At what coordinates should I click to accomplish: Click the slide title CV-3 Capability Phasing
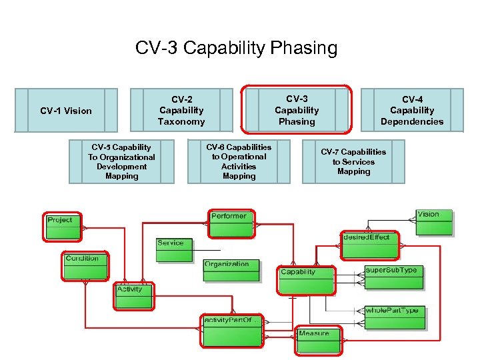click(x=236, y=49)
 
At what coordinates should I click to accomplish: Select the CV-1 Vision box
click(x=66, y=110)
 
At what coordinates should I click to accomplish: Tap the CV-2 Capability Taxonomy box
click(x=181, y=110)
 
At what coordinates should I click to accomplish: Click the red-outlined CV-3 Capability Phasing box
click(x=297, y=110)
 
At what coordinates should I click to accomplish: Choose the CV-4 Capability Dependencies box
click(x=412, y=110)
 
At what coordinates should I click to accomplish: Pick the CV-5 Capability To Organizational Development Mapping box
click(x=121, y=161)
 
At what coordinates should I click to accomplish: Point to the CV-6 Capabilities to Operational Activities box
click(x=239, y=161)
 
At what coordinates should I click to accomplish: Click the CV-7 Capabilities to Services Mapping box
click(x=353, y=161)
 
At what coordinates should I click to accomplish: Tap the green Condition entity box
click(x=85, y=266)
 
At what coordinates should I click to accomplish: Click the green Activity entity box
click(x=134, y=296)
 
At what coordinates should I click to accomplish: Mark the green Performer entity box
click(x=231, y=224)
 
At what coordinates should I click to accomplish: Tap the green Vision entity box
click(x=434, y=222)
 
